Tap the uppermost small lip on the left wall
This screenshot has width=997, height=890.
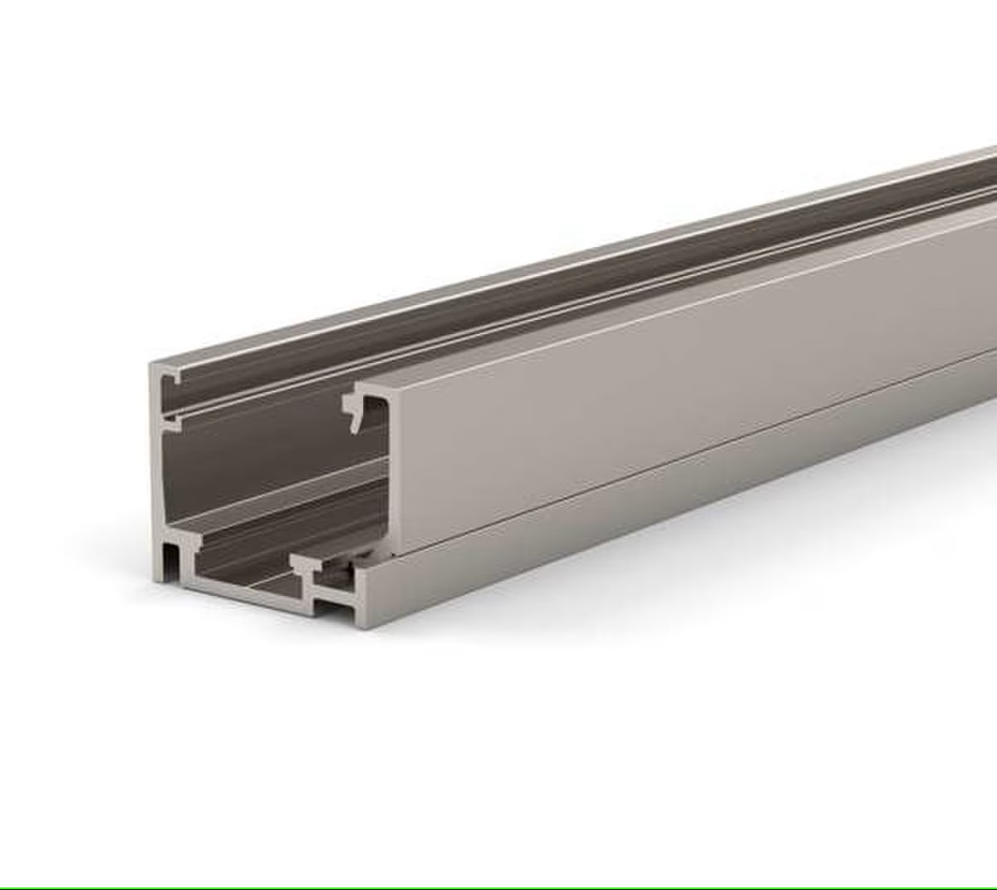[173, 379]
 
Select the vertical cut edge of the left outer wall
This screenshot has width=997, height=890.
[155, 465]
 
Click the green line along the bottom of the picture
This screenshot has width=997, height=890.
[498, 888]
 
